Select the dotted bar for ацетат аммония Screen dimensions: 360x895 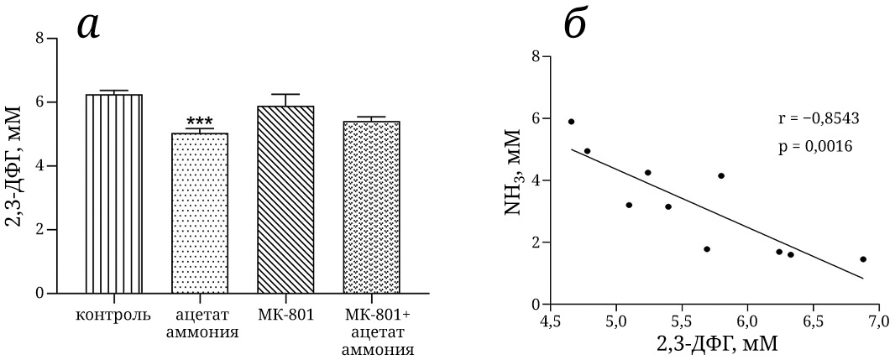coord(200,213)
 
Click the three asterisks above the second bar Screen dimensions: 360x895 coord(200,123)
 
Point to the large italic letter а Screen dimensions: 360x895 coord(89,25)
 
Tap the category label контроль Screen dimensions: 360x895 coord(113,316)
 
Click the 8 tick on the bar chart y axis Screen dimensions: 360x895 coord(39,39)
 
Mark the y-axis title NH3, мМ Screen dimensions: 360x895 coord(514,180)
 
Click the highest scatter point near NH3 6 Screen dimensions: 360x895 coord(571,122)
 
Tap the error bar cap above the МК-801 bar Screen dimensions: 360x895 coord(285,95)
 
